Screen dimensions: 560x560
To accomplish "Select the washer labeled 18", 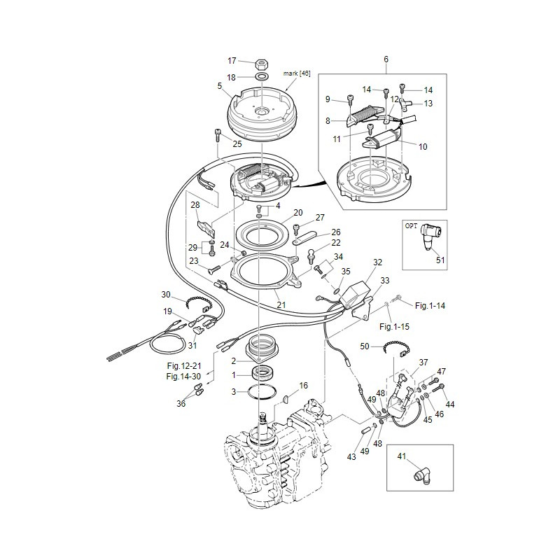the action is [262, 76].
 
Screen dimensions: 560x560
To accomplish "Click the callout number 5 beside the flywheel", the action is [220, 85].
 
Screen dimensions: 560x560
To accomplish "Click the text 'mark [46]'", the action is [297, 73].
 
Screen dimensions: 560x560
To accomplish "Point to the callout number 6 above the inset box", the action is [386, 59].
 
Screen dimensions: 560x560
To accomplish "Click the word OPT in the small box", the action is [411, 226].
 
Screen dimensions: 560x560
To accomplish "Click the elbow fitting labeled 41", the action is [423, 477].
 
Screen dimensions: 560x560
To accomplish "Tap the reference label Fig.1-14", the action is [430, 306].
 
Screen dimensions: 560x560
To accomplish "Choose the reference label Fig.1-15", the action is [394, 326].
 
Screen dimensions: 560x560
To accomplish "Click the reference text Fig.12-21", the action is [184, 365].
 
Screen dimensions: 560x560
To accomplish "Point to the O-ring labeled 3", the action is [262, 392].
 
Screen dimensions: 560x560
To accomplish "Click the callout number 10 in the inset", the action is [423, 146].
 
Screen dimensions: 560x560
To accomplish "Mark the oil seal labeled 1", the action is [263, 374].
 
